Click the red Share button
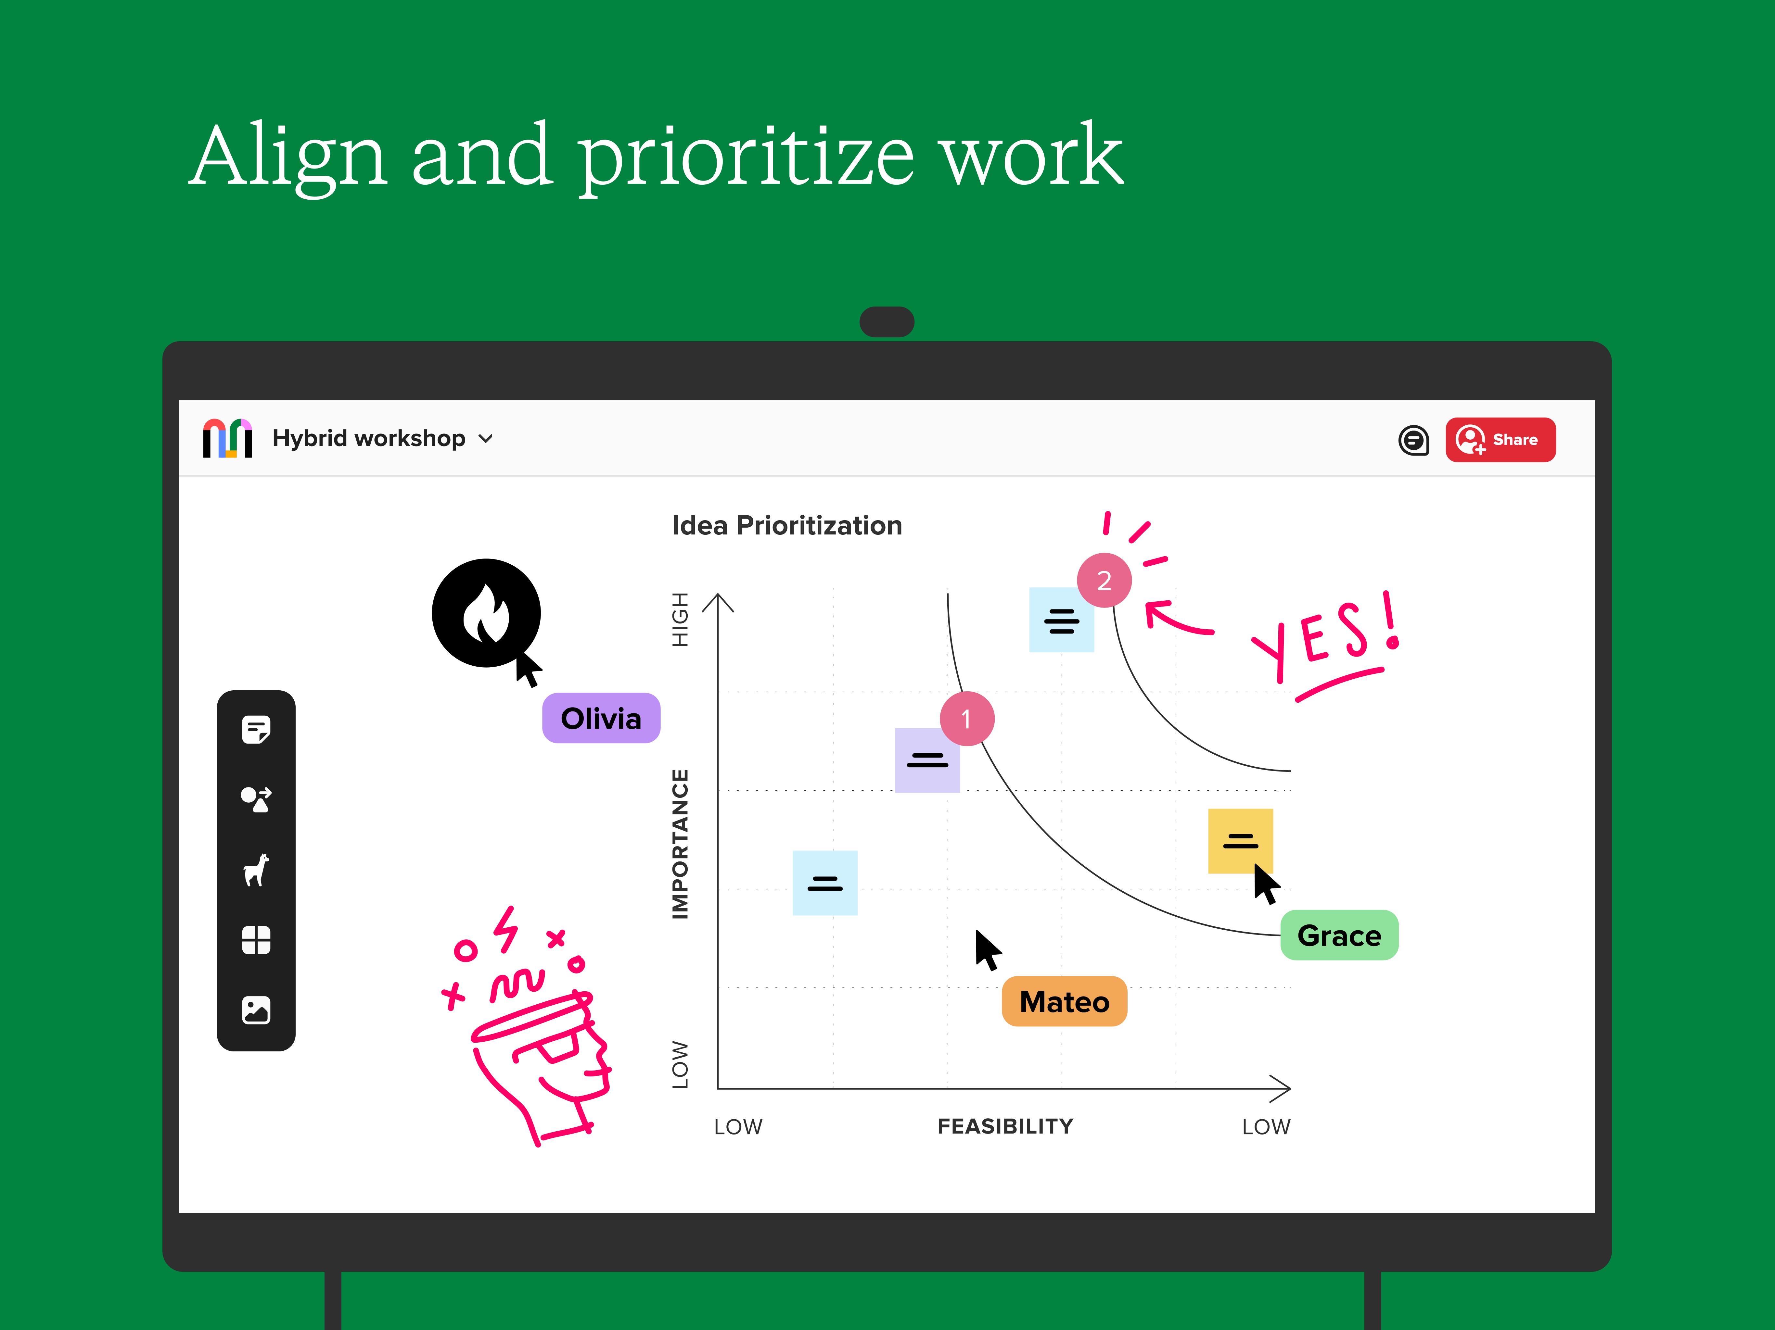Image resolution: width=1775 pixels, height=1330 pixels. [x=1500, y=440]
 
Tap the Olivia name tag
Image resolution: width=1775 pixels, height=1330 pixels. [x=601, y=718]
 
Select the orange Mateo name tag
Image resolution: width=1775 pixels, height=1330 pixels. [x=1064, y=1001]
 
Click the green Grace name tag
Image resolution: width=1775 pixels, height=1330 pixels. [x=1339, y=935]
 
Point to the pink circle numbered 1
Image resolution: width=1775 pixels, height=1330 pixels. [x=967, y=719]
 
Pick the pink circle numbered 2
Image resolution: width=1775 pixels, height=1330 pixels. [x=1104, y=580]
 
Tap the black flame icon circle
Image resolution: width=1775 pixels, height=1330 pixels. [x=486, y=613]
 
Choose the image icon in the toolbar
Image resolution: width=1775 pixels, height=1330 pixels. [x=256, y=1010]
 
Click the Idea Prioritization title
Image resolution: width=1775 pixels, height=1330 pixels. [x=787, y=525]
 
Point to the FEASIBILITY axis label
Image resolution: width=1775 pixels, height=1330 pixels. [x=1005, y=1126]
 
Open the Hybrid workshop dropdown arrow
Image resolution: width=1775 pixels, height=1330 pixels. [x=485, y=439]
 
